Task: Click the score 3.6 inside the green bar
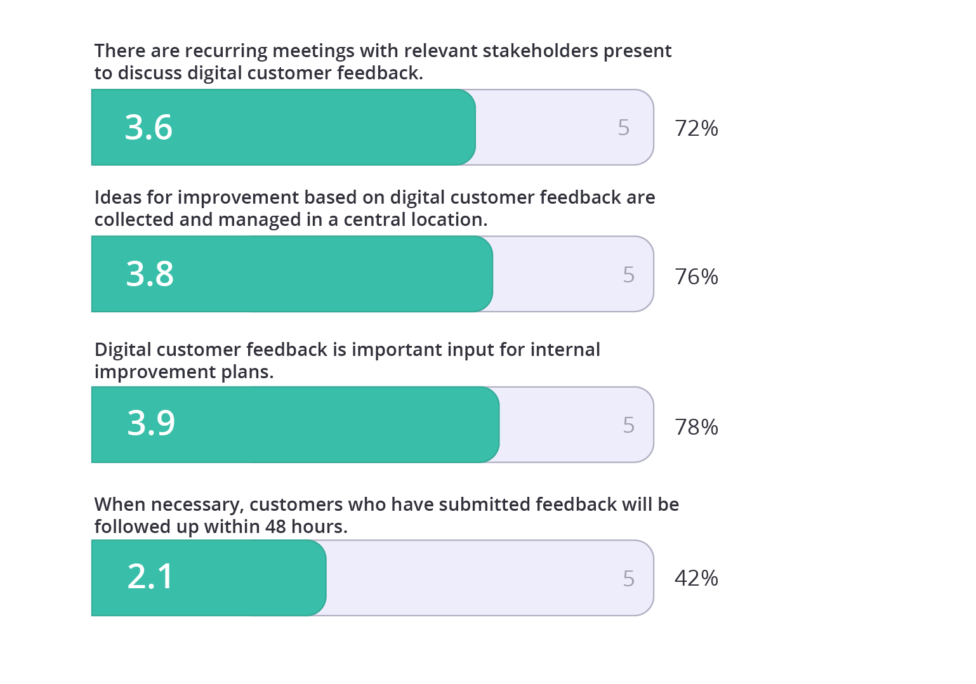coord(148,128)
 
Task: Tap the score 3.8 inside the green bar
coord(150,274)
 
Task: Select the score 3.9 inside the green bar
coord(151,423)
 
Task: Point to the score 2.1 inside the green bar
coord(150,577)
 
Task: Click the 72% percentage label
coord(696,128)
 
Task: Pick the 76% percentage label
coord(696,277)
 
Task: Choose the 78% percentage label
coord(696,427)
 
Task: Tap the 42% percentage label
coord(696,578)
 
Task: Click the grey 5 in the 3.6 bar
coord(624,128)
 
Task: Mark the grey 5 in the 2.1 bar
coord(628,579)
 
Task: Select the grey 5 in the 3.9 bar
coord(628,425)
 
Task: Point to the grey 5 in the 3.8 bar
coord(628,275)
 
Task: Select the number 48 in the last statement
coord(275,527)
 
